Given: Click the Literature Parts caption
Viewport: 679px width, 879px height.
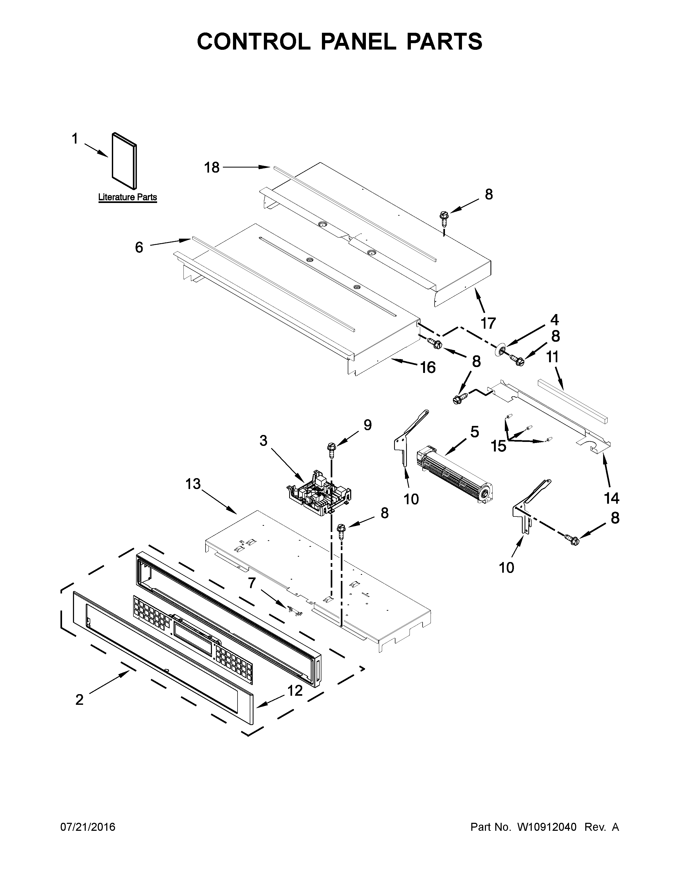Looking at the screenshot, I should pyautogui.click(x=128, y=197).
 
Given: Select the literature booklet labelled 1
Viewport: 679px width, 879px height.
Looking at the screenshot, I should pyautogui.click(x=124, y=161).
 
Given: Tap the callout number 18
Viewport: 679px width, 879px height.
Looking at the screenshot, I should pyautogui.click(x=212, y=168).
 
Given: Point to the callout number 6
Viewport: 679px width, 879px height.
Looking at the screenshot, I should pyautogui.click(x=139, y=247).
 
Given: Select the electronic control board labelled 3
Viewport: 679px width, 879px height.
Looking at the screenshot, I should pyautogui.click(x=318, y=493).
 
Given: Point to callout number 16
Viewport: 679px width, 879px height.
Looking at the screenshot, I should pyautogui.click(x=428, y=367).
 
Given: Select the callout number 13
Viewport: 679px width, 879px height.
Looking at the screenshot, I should pyautogui.click(x=193, y=484).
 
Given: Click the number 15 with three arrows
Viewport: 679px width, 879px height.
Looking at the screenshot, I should pyautogui.click(x=498, y=446).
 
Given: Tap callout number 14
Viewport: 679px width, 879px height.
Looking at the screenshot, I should pyautogui.click(x=611, y=498).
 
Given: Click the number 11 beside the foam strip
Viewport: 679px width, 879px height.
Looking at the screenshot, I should pyautogui.click(x=553, y=357).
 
